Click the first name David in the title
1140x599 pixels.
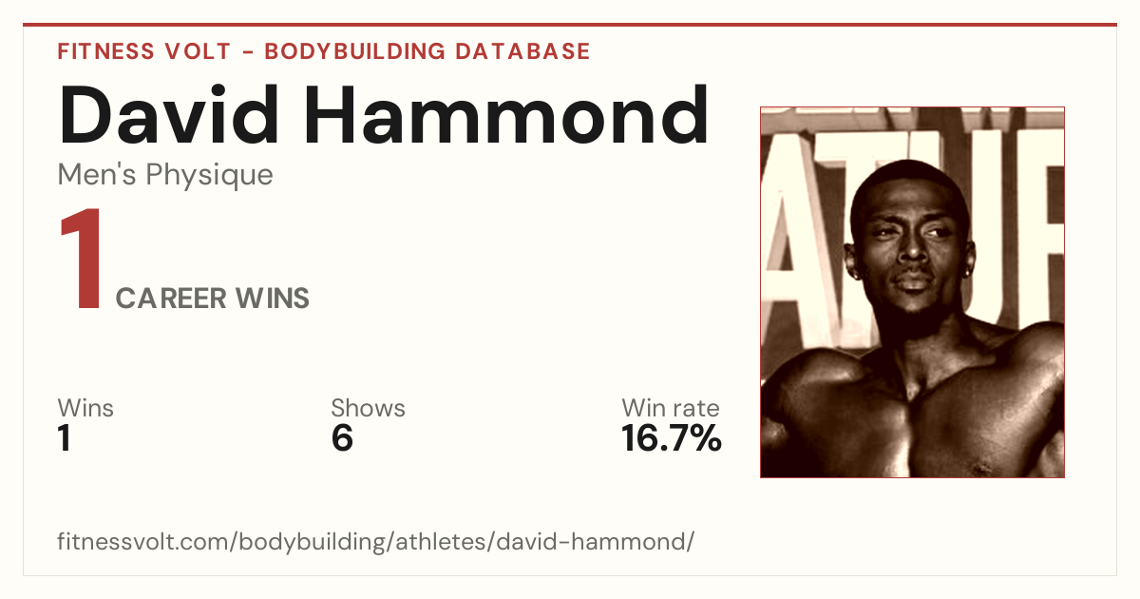click(x=169, y=115)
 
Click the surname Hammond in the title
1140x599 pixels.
click(x=506, y=115)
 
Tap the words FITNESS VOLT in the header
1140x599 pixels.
click(x=144, y=51)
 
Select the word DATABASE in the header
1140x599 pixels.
click(x=522, y=51)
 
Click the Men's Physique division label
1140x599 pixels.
click(x=165, y=175)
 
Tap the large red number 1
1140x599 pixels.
click(x=82, y=259)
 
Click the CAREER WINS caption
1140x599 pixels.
click(x=212, y=298)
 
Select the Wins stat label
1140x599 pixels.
click(x=85, y=408)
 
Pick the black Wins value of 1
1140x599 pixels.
click(x=65, y=438)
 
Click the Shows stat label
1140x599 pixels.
click(x=368, y=408)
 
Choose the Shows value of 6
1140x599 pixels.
click(x=342, y=438)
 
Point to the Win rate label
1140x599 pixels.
click(x=671, y=408)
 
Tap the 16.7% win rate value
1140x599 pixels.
click(x=672, y=438)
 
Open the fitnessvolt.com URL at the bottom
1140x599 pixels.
click(x=375, y=541)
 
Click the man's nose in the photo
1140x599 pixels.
click(x=912, y=248)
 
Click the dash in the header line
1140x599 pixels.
click(x=248, y=52)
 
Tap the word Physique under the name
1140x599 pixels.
click(x=210, y=176)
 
